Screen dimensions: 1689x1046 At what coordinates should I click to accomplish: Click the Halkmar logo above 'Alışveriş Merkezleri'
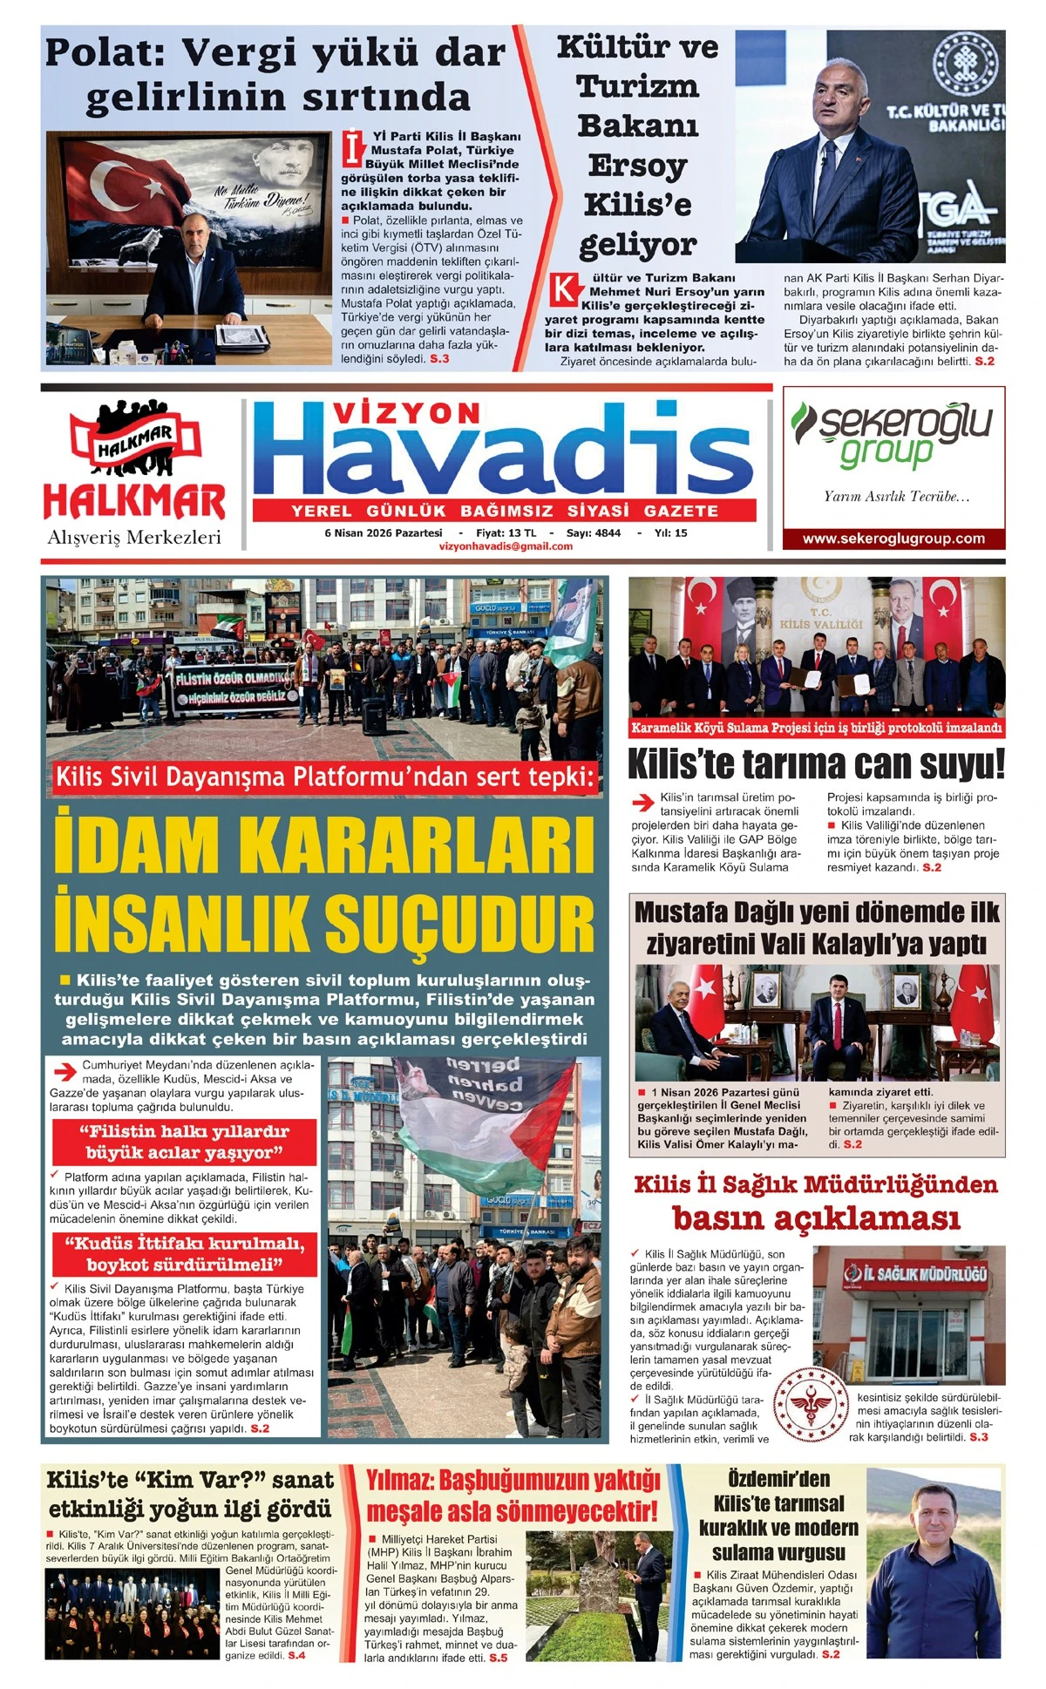click(x=134, y=462)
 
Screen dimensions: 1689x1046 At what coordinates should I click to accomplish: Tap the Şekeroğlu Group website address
click(x=893, y=539)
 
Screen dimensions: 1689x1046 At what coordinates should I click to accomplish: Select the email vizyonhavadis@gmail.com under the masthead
click(x=506, y=546)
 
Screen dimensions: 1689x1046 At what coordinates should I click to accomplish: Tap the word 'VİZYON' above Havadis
click(x=407, y=413)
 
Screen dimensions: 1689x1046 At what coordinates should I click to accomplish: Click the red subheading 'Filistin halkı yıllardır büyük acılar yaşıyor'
click(x=185, y=1142)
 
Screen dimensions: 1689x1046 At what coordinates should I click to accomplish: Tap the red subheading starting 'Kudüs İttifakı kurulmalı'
click(x=185, y=1253)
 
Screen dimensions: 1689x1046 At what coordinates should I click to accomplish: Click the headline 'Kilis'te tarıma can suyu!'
click(x=816, y=764)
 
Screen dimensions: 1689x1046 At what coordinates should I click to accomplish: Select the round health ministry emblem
click(x=811, y=1404)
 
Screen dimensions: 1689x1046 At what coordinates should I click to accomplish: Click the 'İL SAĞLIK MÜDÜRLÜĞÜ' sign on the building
click(x=915, y=1274)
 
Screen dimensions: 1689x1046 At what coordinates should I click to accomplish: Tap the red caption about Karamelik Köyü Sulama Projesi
click(x=816, y=728)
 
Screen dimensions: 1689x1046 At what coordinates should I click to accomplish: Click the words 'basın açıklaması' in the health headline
click(x=816, y=1218)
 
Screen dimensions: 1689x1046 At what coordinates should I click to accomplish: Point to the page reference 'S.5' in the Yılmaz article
click(x=498, y=1658)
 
